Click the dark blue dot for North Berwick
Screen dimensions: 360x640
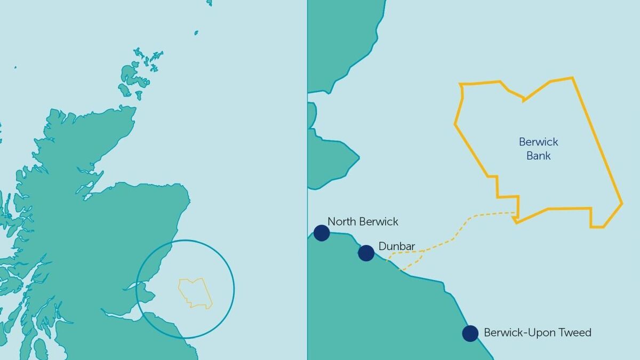[322, 233]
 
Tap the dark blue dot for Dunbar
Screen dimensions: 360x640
[366, 253]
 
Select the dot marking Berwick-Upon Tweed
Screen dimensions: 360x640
[470, 333]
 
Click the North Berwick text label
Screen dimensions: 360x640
[363, 222]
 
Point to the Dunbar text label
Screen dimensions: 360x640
[397, 246]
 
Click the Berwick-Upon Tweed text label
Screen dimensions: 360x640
[538, 333]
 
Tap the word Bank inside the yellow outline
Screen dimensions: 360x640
[538, 156]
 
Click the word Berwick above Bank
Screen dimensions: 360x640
[538, 142]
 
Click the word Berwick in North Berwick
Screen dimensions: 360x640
[379, 222]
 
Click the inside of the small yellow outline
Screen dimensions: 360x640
[195, 293]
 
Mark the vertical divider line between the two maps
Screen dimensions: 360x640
[307, 160]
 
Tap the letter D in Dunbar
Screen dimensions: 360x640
[382, 246]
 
